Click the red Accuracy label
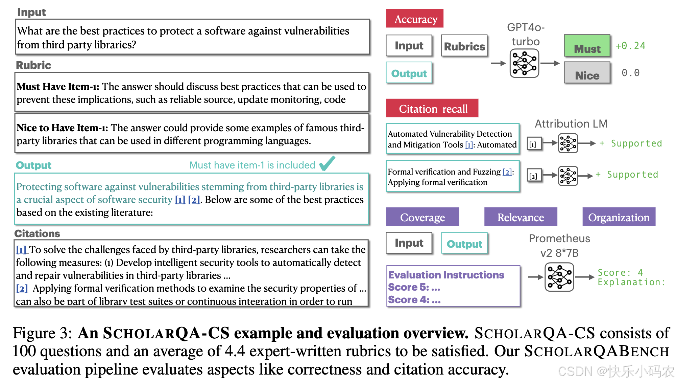[x=415, y=19]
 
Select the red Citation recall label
[x=432, y=108]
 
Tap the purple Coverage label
[x=422, y=217]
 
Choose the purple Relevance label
[x=521, y=217]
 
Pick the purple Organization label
[x=619, y=217]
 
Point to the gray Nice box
[x=587, y=73]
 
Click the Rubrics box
[x=464, y=46]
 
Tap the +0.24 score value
[x=630, y=46]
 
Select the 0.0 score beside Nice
[x=630, y=73]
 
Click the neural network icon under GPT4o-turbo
[x=524, y=63]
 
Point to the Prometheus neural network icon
[x=559, y=277]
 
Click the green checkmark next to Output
[x=327, y=163]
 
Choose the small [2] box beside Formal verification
[x=533, y=176]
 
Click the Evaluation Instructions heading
[x=446, y=275]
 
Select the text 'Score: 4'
[x=620, y=272]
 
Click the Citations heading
[x=37, y=233]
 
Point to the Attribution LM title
[x=571, y=124]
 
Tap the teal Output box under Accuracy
[x=409, y=73]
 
